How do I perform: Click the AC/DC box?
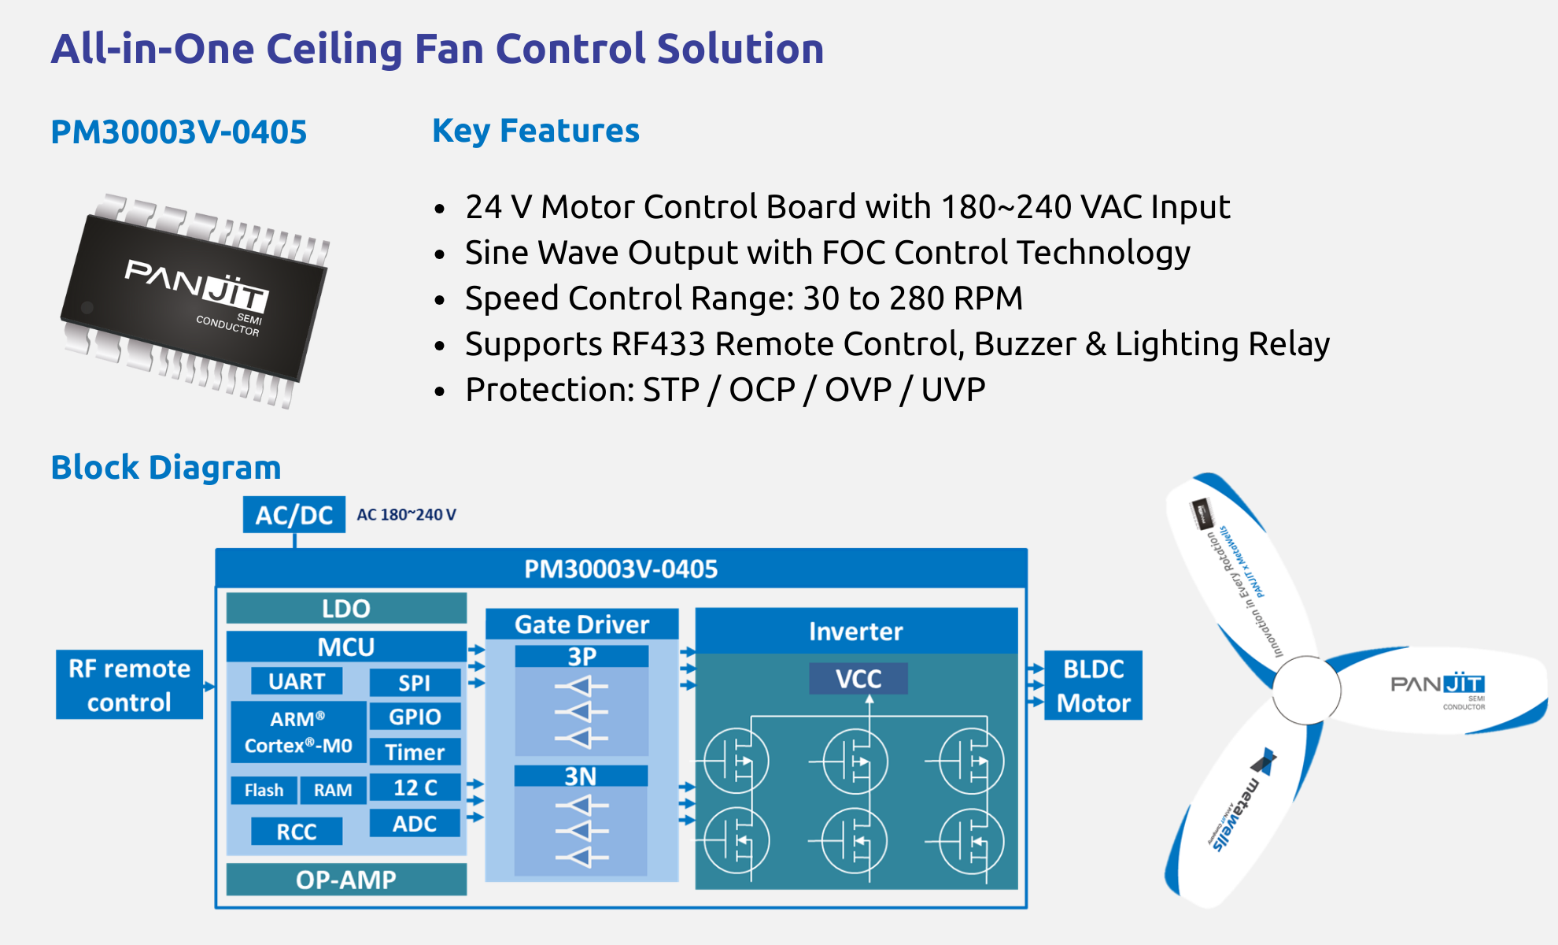[294, 515]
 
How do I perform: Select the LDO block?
[346, 608]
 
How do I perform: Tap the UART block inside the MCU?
[297, 681]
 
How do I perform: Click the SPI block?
[415, 683]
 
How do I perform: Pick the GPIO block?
[415, 717]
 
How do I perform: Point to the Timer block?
[415, 752]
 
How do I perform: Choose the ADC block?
[415, 824]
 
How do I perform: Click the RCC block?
[297, 832]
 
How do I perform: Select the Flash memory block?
[264, 790]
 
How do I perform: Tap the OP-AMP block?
[346, 880]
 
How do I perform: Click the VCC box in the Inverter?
[858, 679]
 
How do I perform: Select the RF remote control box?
[129, 685]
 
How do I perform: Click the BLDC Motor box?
[1093, 685]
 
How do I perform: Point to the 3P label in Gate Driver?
[581, 656]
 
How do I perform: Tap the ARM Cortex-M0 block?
[298, 732]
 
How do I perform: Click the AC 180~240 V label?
[406, 515]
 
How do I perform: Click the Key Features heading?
[536, 131]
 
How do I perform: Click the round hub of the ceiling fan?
[1306, 690]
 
